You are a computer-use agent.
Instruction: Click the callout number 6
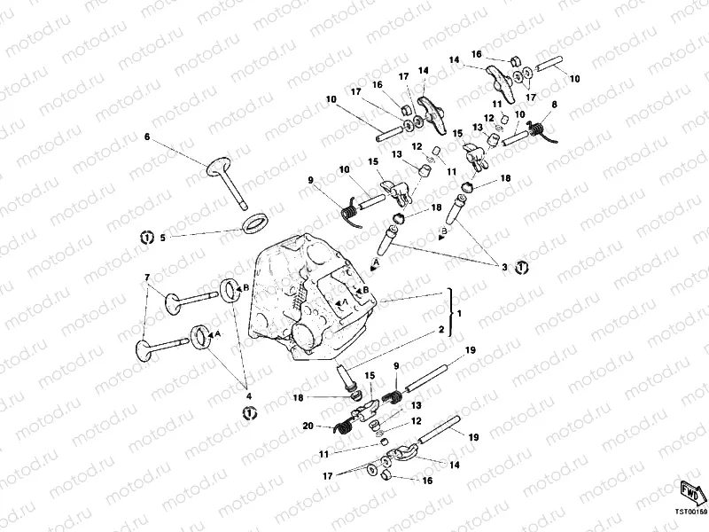148,137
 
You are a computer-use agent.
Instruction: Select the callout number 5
161,238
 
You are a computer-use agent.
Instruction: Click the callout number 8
554,105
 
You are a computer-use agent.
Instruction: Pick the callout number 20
307,426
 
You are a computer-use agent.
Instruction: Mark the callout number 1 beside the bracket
459,314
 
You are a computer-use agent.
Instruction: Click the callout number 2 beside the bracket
440,329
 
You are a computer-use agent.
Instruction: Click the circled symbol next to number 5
146,237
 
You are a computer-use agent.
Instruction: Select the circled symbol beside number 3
522,266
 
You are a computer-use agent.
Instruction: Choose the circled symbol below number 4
250,412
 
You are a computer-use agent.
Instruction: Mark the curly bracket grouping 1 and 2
452,313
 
